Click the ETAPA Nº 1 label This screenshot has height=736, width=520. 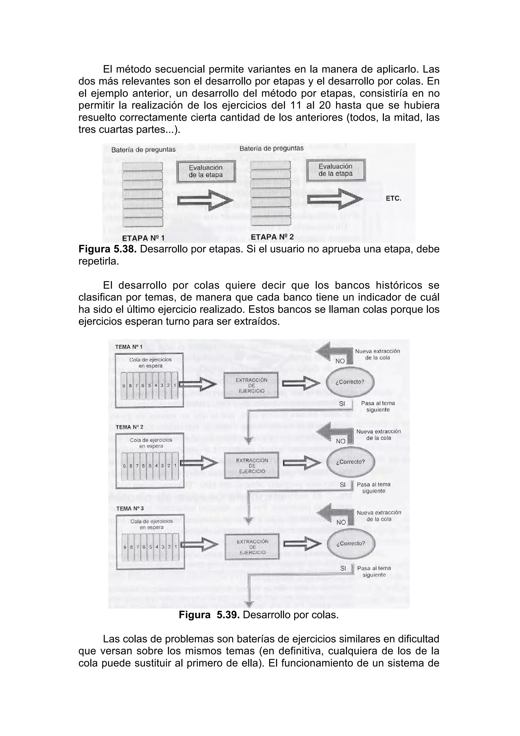(143, 238)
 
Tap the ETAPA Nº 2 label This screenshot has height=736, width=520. (272, 237)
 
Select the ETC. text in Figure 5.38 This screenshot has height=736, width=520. (394, 198)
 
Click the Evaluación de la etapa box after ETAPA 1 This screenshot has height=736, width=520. (206, 171)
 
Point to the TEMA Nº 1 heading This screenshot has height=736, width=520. (128, 347)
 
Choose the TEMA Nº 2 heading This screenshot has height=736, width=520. (129, 427)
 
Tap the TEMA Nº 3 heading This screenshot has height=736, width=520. (130, 508)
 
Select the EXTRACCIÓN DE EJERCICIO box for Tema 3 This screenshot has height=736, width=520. (252, 547)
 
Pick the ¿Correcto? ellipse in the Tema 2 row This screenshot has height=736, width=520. (350, 462)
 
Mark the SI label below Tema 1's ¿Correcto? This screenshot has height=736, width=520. (342, 404)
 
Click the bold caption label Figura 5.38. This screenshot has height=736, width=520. (108, 249)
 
